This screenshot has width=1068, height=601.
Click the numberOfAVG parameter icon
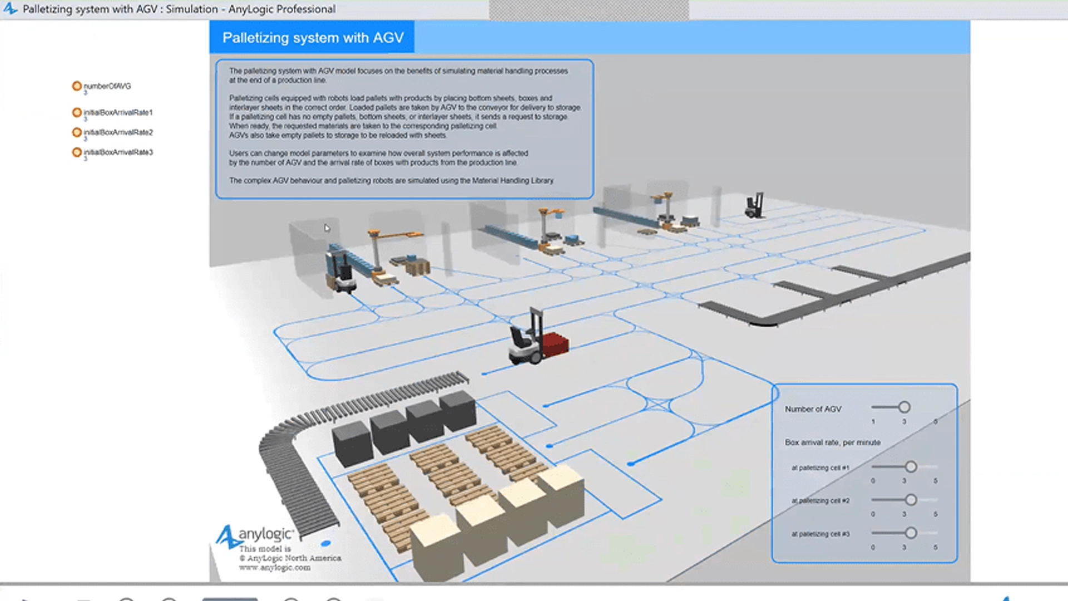point(77,86)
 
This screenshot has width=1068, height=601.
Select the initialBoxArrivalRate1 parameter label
point(118,112)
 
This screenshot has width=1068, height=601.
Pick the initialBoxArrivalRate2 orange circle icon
point(77,132)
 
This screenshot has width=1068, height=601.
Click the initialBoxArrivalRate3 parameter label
point(118,152)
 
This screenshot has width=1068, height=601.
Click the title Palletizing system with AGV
point(313,37)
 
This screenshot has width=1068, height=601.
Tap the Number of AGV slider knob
point(904,407)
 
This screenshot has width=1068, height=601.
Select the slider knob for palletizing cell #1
point(911,467)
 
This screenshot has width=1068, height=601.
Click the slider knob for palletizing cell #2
point(911,500)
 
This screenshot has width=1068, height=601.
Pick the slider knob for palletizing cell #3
point(911,533)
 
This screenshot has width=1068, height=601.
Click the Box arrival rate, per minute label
point(833,442)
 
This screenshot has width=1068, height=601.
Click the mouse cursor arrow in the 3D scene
point(327,228)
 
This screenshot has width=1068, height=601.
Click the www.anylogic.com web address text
point(275,568)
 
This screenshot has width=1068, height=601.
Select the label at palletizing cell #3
point(820,534)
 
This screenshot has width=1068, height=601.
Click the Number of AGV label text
point(813,409)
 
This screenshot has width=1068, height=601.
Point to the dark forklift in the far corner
point(754,205)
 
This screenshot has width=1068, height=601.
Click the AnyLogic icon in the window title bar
point(11,9)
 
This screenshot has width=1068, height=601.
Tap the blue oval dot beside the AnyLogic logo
point(326,543)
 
